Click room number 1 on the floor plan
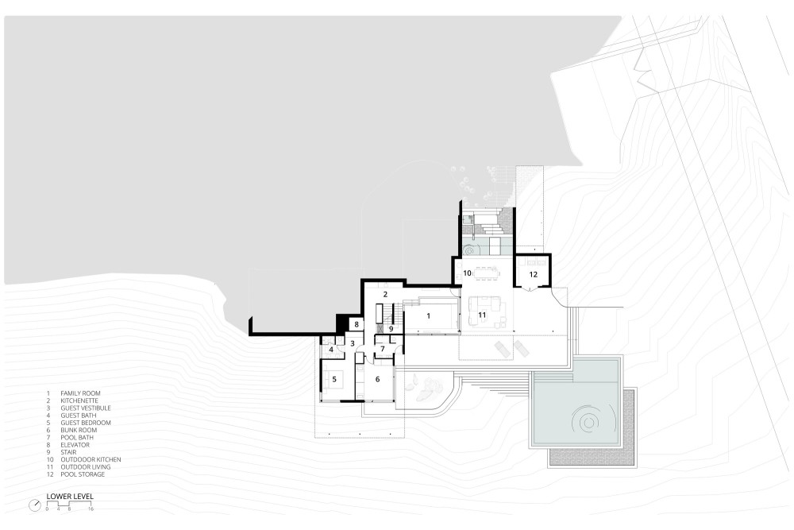click(x=429, y=316)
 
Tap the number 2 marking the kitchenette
click(x=385, y=294)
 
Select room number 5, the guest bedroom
click(x=334, y=379)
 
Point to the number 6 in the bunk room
click(x=377, y=379)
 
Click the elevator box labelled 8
click(x=357, y=324)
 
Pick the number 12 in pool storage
click(x=534, y=275)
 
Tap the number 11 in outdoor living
click(x=482, y=315)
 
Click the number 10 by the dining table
click(x=468, y=273)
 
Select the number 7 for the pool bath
click(x=383, y=349)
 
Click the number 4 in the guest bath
click(x=331, y=350)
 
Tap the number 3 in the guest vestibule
click(x=353, y=343)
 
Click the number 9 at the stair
click(x=391, y=329)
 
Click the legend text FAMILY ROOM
click(x=80, y=393)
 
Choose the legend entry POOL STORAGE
click(x=83, y=474)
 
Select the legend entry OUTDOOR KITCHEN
click(x=91, y=459)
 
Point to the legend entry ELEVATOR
click(x=75, y=445)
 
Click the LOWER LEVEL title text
click(x=70, y=497)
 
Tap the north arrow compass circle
click(x=36, y=505)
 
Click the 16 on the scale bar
click(x=91, y=509)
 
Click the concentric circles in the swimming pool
click(x=587, y=421)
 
